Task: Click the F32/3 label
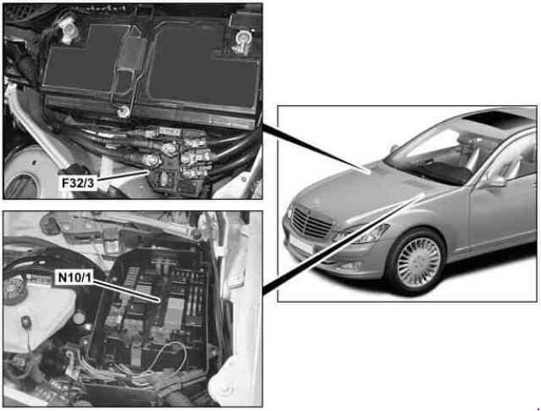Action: [78, 183]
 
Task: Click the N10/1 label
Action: [75, 277]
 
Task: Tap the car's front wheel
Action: [418, 262]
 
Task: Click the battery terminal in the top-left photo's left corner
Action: [69, 30]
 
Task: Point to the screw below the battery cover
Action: [123, 111]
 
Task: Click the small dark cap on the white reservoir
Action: [25, 322]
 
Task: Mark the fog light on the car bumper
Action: [348, 265]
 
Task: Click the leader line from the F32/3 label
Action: [123, 175]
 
